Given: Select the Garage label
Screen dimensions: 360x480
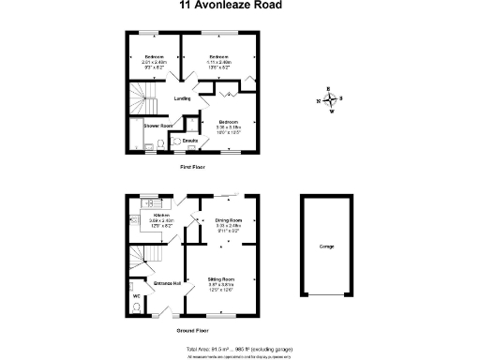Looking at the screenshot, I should [x=326, y=246].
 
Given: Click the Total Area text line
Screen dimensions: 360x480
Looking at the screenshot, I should [x=239, y=347].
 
